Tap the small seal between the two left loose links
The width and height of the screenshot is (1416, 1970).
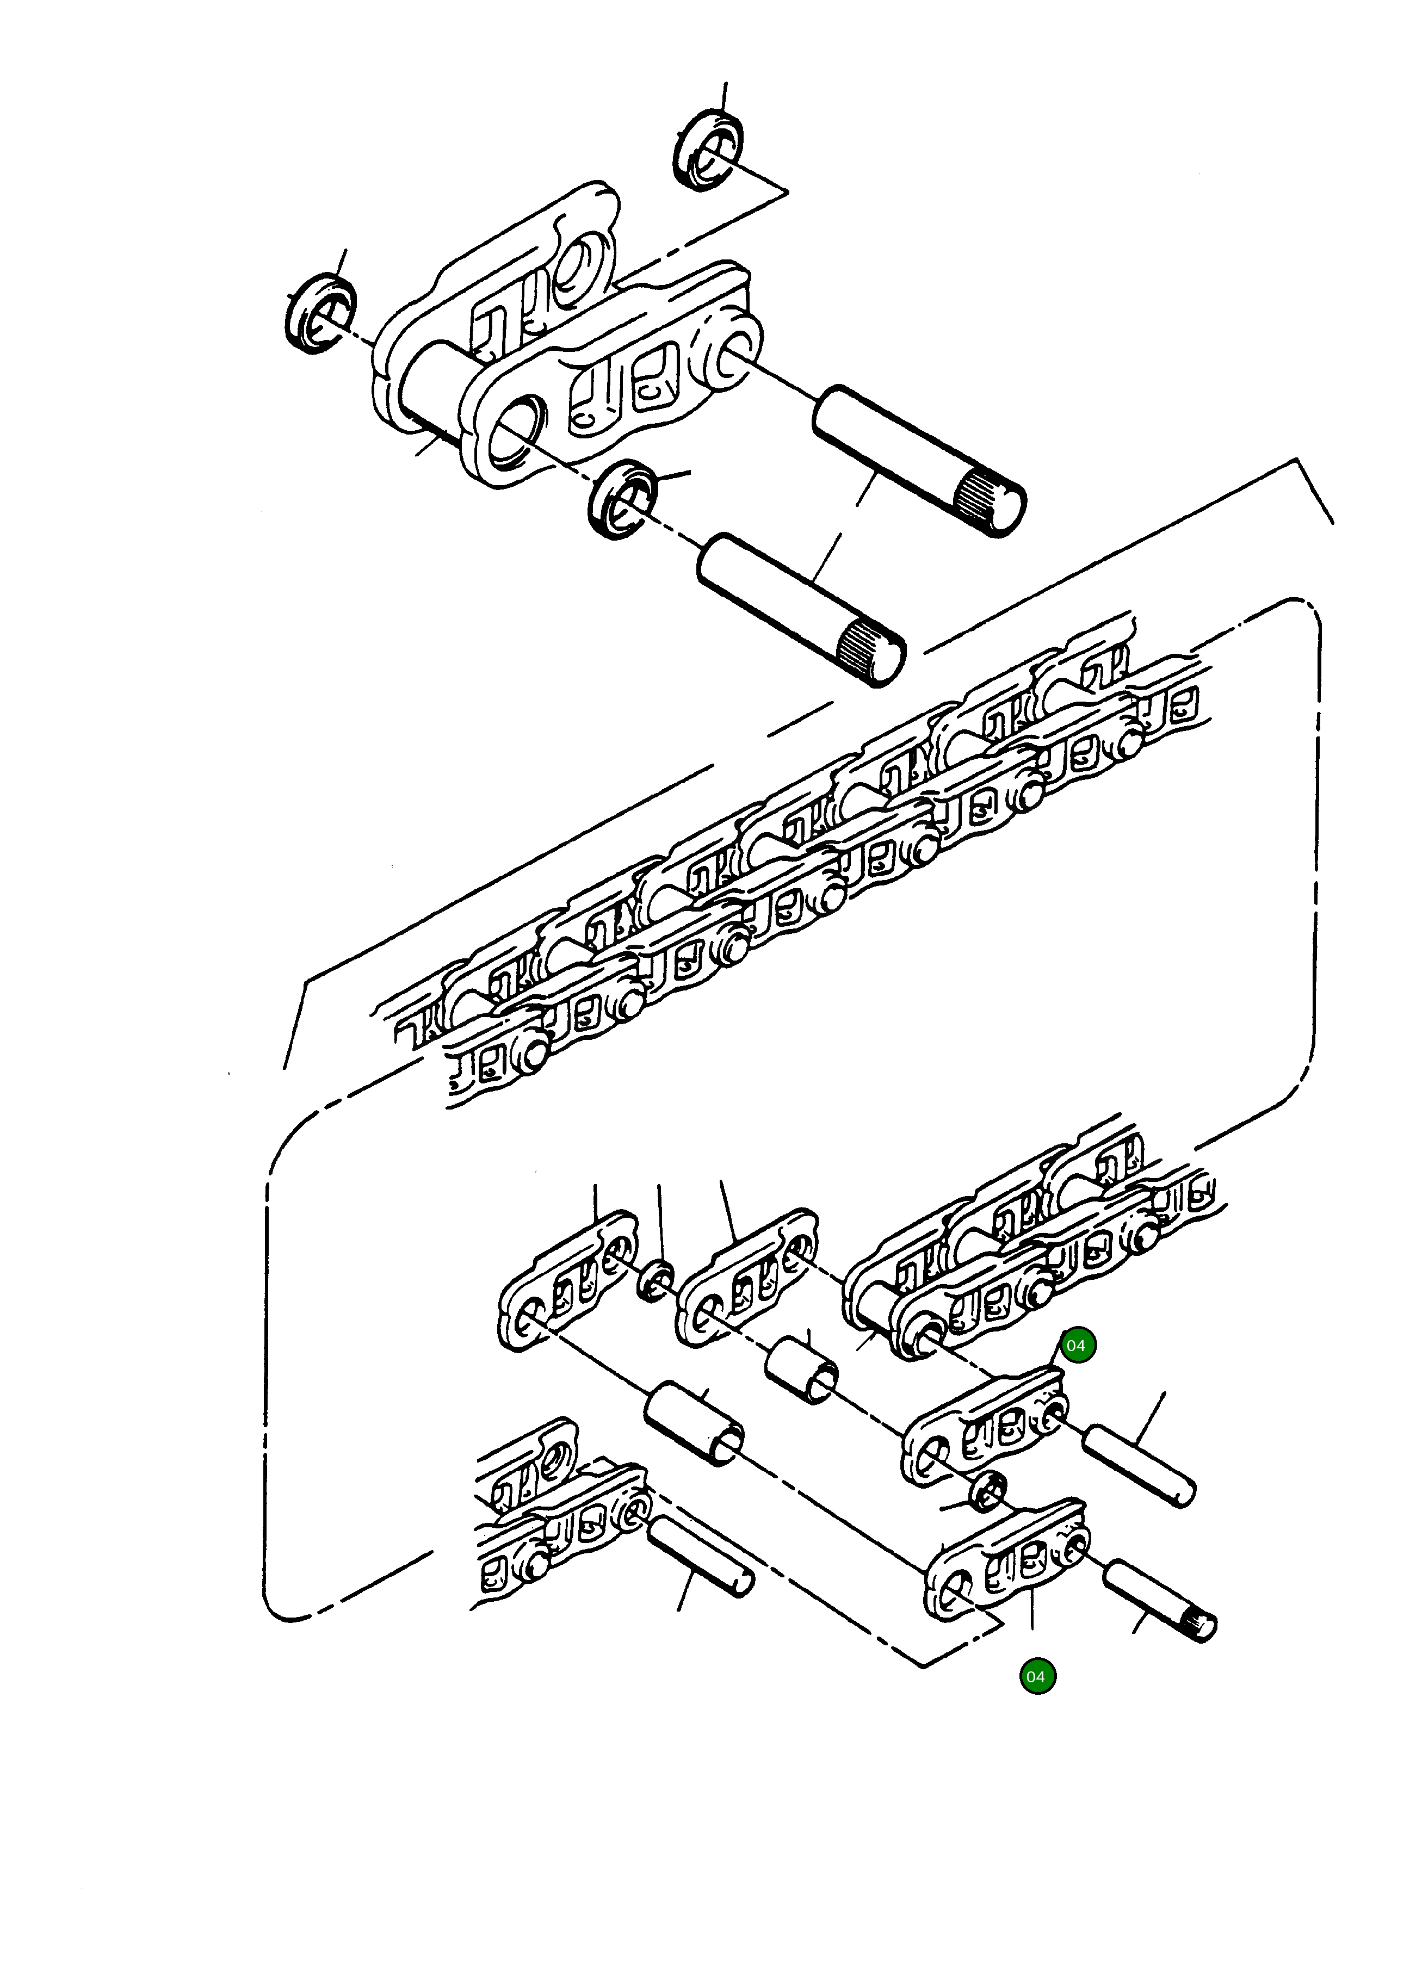tap(656, 1282)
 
